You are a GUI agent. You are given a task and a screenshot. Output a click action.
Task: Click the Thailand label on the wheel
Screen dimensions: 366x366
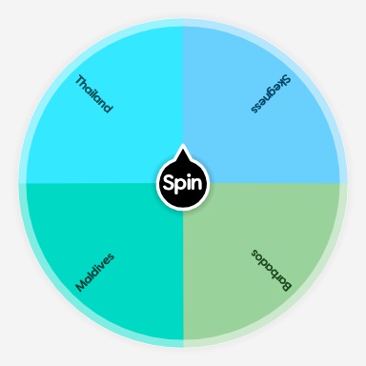coord(94,94)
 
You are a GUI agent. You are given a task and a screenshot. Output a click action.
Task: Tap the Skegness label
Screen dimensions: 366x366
coord(271,94)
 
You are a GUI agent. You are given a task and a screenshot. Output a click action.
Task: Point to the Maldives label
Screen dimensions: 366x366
coord(94,271)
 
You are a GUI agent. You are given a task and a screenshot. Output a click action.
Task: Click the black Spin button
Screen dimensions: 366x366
coord(182,182)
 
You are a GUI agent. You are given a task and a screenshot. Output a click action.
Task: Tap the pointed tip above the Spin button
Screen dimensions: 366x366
coord(182,150)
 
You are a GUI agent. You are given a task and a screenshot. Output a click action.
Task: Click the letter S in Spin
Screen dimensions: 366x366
coord(168,182)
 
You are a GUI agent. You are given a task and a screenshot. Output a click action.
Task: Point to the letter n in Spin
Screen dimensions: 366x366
coord(196,183)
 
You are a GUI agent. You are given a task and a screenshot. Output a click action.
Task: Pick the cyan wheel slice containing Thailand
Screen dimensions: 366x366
coord(124,133)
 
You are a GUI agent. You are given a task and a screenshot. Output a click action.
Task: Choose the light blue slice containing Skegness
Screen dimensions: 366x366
coord(238,133)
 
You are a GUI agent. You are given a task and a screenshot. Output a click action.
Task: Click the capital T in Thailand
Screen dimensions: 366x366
coord(80,80)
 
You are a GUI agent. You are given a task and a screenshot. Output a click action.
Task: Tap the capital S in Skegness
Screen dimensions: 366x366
coord(286,80)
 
